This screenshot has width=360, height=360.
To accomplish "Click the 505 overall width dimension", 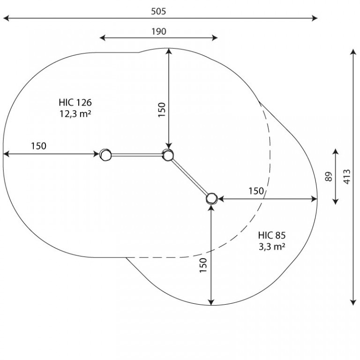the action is tap(158, 11).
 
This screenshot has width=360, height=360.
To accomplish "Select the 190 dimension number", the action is tap(158, 31).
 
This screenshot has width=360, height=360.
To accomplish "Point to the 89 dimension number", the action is tap(329, 177).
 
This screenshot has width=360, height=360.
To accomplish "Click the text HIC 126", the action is tap(75, 102).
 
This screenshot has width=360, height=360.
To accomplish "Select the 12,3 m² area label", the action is tap(75, 113).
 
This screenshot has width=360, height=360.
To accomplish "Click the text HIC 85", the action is tap(272, 235).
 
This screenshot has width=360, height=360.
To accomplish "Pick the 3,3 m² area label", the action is tap(272, 247).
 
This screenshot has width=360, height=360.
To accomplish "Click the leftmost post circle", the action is tap(105, 155).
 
